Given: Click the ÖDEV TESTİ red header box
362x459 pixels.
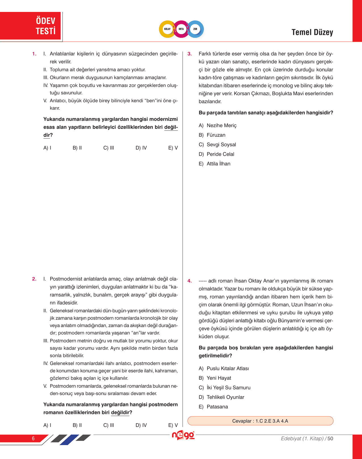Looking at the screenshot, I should [31, 26].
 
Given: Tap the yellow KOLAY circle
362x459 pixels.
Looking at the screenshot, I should [167, 29].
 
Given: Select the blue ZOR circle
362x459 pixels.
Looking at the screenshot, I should [195, 29].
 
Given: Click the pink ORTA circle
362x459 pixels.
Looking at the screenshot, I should [181, 29].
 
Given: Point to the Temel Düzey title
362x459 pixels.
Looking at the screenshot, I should [312, 32].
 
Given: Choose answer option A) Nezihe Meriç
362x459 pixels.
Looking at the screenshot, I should [217, 125].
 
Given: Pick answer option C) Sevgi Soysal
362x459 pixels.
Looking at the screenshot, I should [217, 144].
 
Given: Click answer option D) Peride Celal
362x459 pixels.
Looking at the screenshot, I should [216, 154].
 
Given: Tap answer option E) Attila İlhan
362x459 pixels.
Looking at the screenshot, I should [214, 164].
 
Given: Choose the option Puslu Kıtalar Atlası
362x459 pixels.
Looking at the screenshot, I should [224, 368].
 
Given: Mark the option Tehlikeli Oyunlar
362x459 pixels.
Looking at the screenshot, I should [221, 397].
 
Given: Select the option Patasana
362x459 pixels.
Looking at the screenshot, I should [213, 407].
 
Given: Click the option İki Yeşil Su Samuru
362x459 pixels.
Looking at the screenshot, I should [225, 387].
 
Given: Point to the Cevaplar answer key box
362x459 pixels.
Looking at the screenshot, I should [260, 421].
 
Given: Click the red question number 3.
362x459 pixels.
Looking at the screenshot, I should [190, 54].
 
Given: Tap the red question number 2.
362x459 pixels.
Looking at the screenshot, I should [34, 279].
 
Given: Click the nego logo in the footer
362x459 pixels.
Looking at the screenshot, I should [183, 435].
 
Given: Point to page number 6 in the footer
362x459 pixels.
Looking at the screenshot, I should [33, 438].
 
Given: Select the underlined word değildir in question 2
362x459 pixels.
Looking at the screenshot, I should [120, 412].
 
